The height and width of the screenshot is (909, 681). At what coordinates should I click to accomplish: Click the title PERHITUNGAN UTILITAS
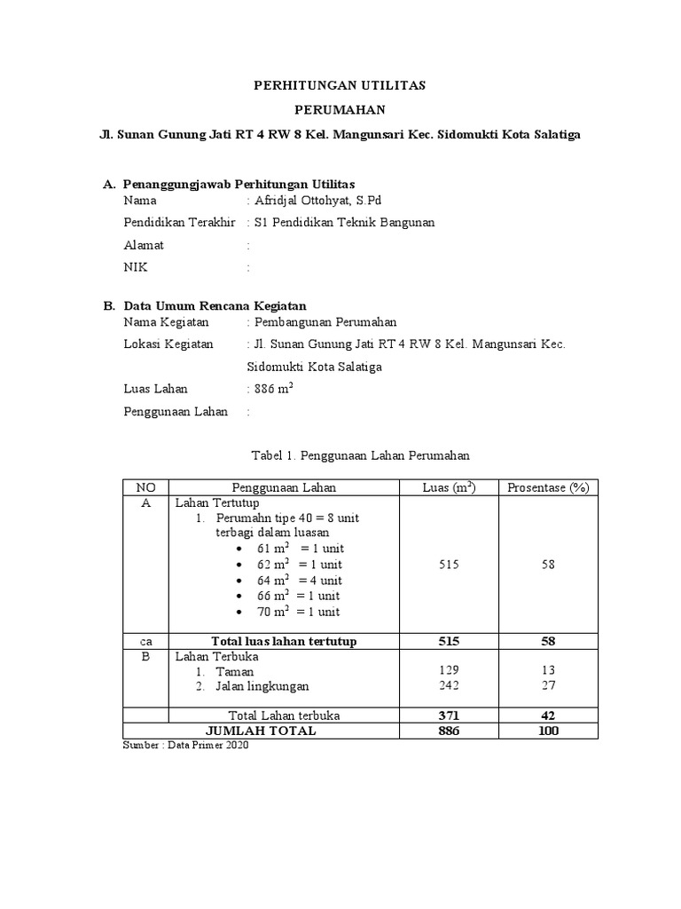click(x=340, y=86)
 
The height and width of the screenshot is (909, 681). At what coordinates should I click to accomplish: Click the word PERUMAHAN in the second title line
click(x=340, y=110)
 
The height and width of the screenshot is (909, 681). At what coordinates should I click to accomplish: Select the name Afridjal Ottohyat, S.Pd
click(x=317, y=201)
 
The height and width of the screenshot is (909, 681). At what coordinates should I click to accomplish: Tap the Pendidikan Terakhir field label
click(x=179, y=223)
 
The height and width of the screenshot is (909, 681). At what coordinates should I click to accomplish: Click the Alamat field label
click(x=144, y=245)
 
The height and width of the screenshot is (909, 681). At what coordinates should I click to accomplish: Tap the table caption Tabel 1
click(x=360, y=454)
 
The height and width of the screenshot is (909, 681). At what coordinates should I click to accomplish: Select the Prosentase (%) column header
click(x=547, y=487)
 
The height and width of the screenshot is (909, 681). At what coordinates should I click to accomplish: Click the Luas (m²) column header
click(x=449, y=487)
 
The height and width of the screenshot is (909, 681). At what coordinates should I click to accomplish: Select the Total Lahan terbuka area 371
click(x=449, y=715)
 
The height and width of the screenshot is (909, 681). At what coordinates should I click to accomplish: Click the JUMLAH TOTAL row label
click(x=261, y=731)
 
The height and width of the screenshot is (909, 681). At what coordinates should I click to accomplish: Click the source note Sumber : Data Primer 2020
click(x=185, y=746)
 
